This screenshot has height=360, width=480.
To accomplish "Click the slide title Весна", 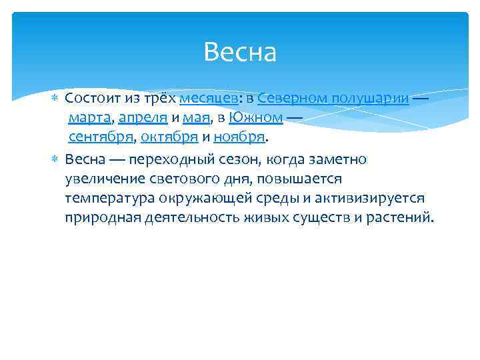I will tap(240, 52).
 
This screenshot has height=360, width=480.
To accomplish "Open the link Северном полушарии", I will tap(333, 99).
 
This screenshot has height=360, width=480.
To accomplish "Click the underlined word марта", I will tap(89, 119).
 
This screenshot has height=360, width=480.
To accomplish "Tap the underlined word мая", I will tap(197, 119).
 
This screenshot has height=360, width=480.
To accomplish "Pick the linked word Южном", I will tap(256, 119).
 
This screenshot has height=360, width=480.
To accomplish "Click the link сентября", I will tap(100, 138).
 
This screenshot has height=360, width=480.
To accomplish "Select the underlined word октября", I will tap(169, 138).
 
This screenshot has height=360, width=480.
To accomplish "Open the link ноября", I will tap(239, 138).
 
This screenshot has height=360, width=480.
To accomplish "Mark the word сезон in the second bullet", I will tap(239, 159).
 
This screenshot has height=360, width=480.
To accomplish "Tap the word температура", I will tap(109, 198).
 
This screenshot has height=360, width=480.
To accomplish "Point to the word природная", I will tap(101, 218).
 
